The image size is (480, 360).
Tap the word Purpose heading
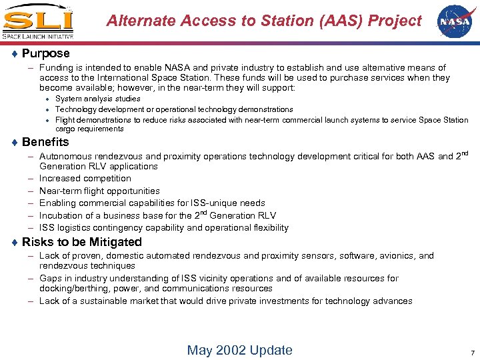pyautogui.click(x=45, y=53)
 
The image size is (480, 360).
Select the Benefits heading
pyautogui.click(x=45, y=142)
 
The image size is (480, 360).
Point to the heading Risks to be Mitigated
pyautogui.click(x=81, y=242)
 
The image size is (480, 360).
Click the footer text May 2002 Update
pyautogui.click(x=239, y=350)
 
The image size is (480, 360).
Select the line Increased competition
pyautogui.click(x=85, y=179)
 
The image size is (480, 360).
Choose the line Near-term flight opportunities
pyautogui.click(x=99, y=191)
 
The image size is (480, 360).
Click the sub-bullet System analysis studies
pyautogui.click(x=98, y=99)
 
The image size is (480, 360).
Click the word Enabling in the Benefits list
pyautogui.click(x=58, y=203)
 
